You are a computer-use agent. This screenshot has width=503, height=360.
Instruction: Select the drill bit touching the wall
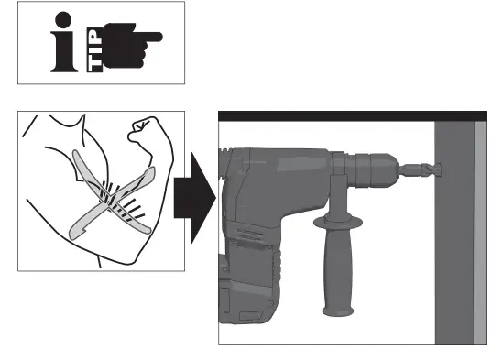(x=421, y=169)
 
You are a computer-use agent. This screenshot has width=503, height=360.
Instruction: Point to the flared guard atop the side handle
(x=335, y=223)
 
